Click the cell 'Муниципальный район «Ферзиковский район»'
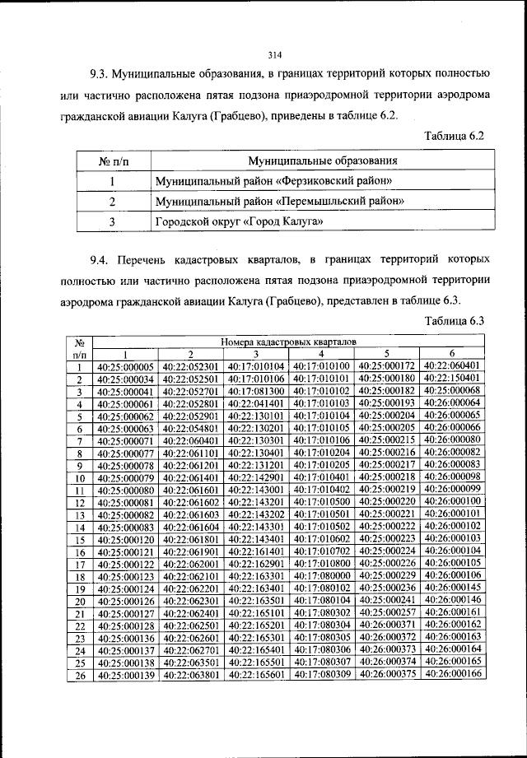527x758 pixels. tap(273, 180)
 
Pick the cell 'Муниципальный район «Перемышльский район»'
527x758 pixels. tap(278, 201)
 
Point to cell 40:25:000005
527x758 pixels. tap(125, 366)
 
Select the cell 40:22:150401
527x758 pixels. tap(453, 378)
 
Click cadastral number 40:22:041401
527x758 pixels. tap(256, 404)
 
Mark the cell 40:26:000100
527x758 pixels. tap(453, 500)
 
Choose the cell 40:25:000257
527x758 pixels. tap(388, 612)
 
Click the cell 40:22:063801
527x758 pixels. tap(191, 675)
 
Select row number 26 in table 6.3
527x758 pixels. tap(81, 675)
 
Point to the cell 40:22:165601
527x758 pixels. tap(256, 675)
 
